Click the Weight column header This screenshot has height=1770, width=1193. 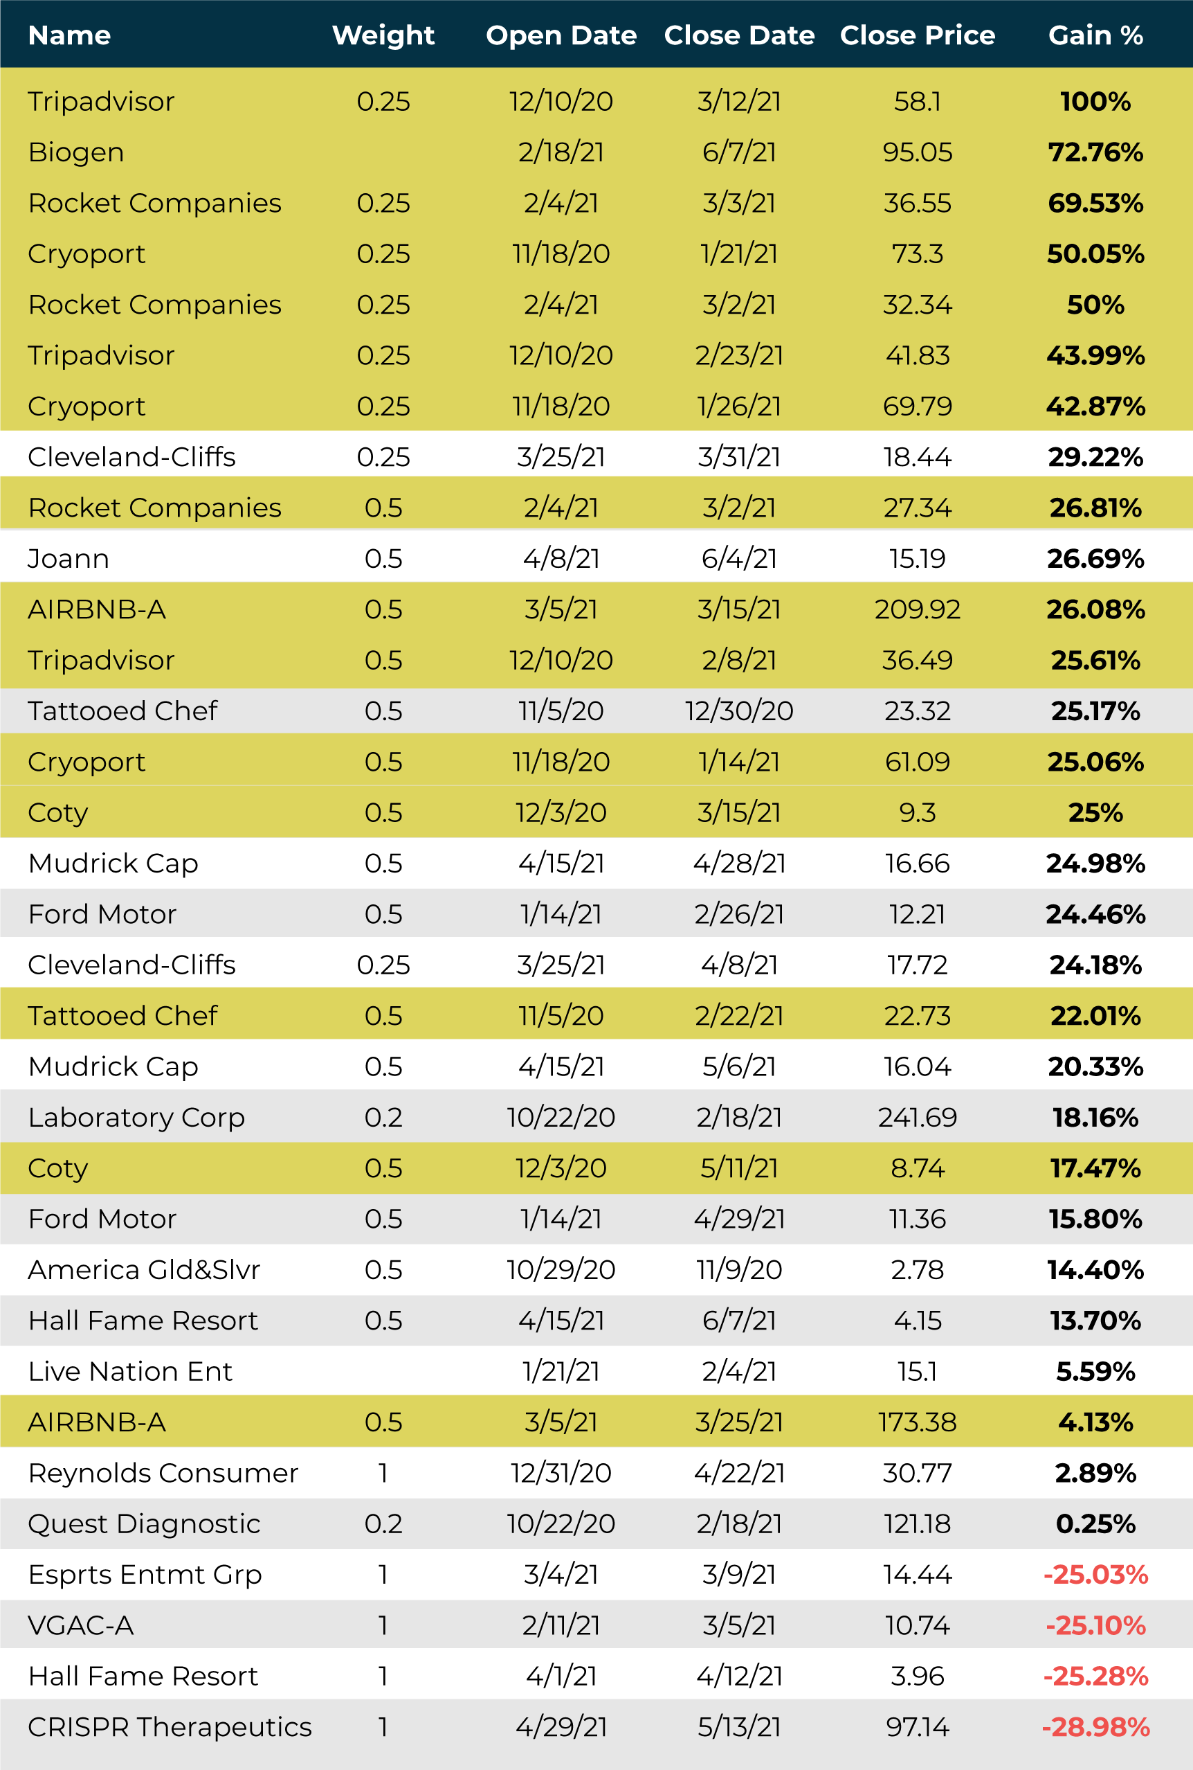383,35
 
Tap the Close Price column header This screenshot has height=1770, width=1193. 917,35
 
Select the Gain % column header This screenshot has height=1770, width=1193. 1095,35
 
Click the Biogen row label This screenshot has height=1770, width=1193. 76,152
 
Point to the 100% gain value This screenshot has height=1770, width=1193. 1095,101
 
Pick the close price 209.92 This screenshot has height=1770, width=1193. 917,609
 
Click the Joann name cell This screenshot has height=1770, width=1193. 69,559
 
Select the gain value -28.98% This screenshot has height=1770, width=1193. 1095,1726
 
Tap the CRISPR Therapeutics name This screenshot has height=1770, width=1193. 170,1726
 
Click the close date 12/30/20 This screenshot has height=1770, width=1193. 739,711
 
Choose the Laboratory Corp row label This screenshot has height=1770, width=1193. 136,1118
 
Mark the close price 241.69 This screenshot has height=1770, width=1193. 917,1118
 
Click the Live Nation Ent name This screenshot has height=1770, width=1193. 130,1371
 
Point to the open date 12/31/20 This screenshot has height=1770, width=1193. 561,1473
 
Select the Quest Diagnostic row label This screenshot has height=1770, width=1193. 144,1523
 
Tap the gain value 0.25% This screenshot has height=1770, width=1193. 1095,1523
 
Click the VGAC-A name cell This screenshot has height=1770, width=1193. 81,1625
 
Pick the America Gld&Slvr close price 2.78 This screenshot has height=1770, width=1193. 917,1270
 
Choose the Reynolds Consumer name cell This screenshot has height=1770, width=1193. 163,1473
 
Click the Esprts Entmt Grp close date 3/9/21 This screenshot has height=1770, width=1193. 739,1574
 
